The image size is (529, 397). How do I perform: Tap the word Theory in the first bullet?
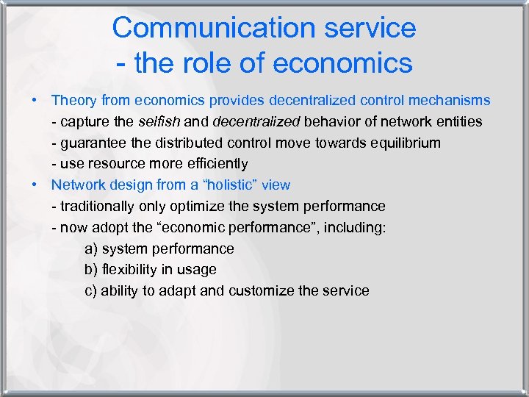(74, 100)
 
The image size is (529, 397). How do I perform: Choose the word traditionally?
(98, 207)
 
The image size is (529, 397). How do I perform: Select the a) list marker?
(91, 248)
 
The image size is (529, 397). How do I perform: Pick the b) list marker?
(91, 270)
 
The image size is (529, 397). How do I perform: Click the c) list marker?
(91, 291)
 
